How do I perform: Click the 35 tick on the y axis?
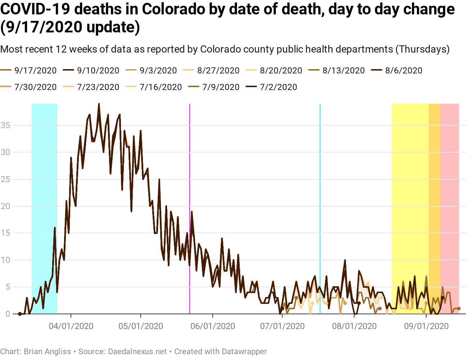(5, 125)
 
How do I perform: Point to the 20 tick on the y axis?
(5, 206)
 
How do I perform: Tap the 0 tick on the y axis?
(8, 314)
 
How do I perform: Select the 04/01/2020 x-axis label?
(71, 327)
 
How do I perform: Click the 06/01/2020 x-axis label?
(213, 327)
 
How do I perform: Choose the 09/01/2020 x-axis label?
(426, 327)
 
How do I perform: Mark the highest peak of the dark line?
(99, 104)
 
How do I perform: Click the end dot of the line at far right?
(459, 309)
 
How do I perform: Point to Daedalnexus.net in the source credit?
(138, 351)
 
